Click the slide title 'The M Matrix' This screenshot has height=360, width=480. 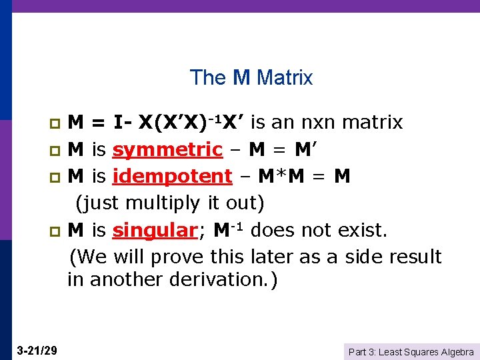point(251,78)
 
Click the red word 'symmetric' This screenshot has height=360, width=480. point(167,150)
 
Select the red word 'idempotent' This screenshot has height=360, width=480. point(173,177)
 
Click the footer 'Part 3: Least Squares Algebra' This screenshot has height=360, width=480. point(411,351)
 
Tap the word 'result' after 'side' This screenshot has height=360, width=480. point(413,257)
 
